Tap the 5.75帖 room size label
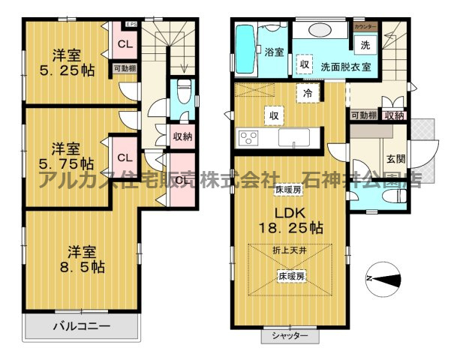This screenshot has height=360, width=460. coord(67,163)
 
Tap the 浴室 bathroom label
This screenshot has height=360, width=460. coord(273,52)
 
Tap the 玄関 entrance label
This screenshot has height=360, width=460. coord(395,158)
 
